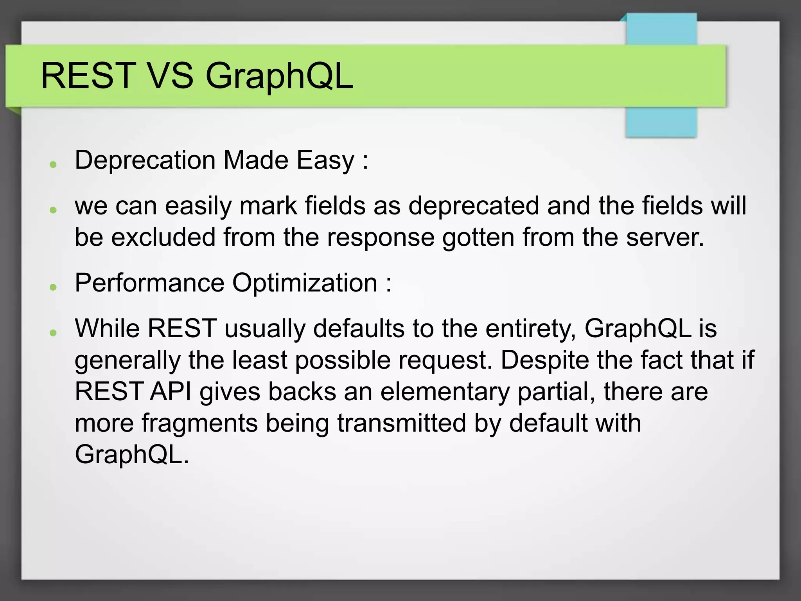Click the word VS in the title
[x=171, y=76]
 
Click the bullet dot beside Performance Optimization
[x=54, y=287]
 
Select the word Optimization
[x=305, y=283]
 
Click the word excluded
[x=163, y=238]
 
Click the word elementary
[x=445, y=392]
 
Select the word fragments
[x=199, y=424]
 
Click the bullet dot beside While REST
[x=54, y=333]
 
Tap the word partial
[x=556, y=392]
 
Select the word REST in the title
[x=88, y=76]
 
